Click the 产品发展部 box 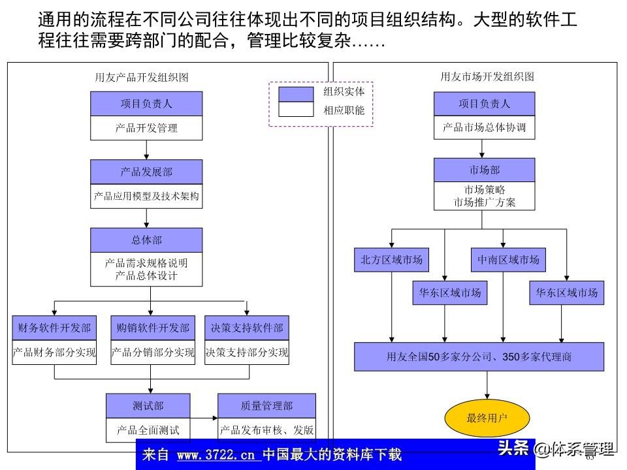pos(146,172)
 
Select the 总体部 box pos(146,240)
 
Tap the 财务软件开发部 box pos(54,328)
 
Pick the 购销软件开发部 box pos(153,328)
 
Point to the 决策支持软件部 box pos(246,328)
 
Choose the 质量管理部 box pos(266,406)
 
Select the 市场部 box pos(484,170)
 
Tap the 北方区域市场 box pos(391,260)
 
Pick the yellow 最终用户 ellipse pos(487,418)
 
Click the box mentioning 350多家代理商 pos(479,356)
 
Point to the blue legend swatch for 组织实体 pos(296,94)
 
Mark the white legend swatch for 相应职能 pos(296,110)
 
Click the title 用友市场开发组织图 pos(487,76)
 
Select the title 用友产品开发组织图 pos(142,77)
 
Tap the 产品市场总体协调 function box pos(484,127)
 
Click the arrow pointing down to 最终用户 pos(487,388)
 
